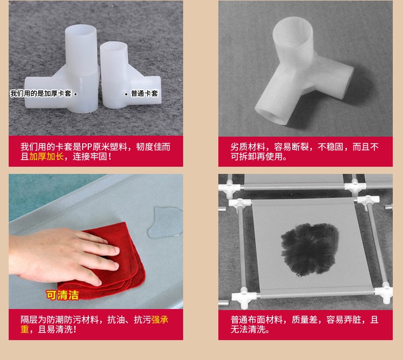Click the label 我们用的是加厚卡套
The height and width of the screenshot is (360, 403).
tap(41, 93)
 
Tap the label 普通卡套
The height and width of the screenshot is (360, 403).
tap(144, 93)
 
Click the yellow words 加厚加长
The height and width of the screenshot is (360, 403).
tap(46, 156)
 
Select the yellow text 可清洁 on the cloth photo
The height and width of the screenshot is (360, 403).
tap(62, 295)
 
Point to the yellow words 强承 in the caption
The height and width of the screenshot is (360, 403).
tap(160, 320)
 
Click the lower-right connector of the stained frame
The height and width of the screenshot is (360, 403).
tap(384, 292)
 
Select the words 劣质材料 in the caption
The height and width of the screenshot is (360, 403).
tap(248, 147)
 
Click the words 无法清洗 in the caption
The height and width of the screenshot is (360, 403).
tap(248, 329)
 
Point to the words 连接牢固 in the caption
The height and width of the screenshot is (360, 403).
tap(90, 156)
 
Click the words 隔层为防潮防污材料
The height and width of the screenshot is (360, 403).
tap(60, 320)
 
